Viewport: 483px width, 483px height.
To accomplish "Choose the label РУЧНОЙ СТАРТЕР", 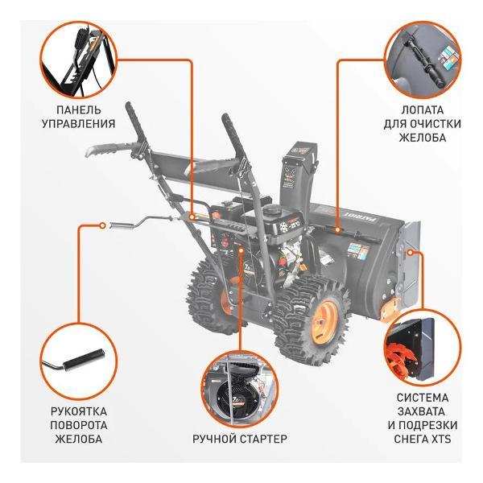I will click(x=240, y=439).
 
